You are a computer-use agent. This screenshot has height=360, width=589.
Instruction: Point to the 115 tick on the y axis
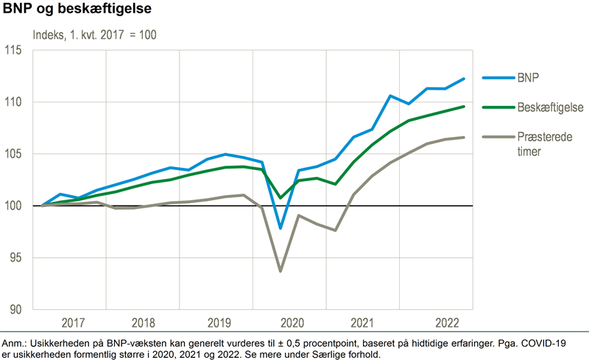(x=15, y=51)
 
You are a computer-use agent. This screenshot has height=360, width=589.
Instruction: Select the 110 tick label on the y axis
(x=15, y=102)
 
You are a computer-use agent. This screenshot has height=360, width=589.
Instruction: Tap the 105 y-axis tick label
(x=15, y=154)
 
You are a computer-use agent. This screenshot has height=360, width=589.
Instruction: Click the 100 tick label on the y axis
(x=15, y=206)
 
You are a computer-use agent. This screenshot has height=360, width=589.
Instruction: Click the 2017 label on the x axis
(x=73, y=322)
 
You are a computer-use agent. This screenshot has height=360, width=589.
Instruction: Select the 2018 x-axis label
(x=146, y=322)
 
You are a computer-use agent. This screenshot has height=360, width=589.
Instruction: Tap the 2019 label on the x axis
(x=219, y=322)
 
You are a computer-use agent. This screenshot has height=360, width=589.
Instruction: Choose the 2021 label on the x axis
(x=363, y=322)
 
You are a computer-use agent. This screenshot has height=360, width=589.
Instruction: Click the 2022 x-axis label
(x=448, y=322)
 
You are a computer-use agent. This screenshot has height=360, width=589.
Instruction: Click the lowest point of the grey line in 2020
(x=281, y=271)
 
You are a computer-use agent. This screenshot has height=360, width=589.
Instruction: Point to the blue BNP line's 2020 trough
(x=281, y=228)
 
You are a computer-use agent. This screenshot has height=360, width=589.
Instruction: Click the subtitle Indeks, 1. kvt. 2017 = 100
(x=94, y=35)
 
